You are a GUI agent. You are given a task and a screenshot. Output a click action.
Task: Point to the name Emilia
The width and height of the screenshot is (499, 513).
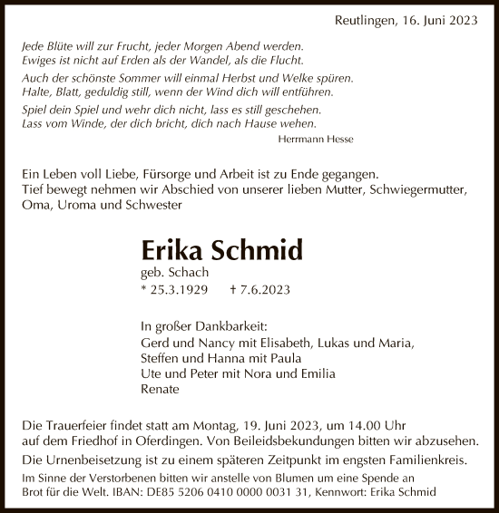pyautogui.click(x=316, y=373)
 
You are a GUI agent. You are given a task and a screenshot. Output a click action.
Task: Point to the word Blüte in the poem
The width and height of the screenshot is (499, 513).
pyautogui.click(x=65, y=44)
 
